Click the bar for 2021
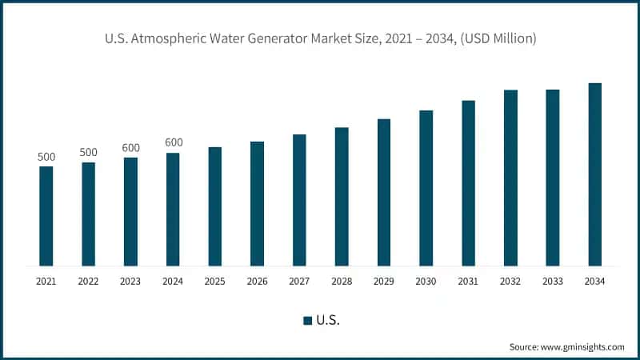pos(46,216)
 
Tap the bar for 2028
pos(342,197)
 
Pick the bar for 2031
pos(468,183)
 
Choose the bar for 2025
pos(215,206)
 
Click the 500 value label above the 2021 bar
pos(46,157)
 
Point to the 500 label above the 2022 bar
pos(89,153)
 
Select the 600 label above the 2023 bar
pos(130,148)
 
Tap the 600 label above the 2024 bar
pos(174,142)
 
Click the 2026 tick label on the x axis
pos(257,282)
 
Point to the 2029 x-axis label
pos(384,282)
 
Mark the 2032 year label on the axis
pos(510,282)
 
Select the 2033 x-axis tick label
pos(552,282)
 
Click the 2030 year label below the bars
pos(426,282)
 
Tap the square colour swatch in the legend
pos(307,321)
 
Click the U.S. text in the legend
pos(328,321)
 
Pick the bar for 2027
pos(299,200)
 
